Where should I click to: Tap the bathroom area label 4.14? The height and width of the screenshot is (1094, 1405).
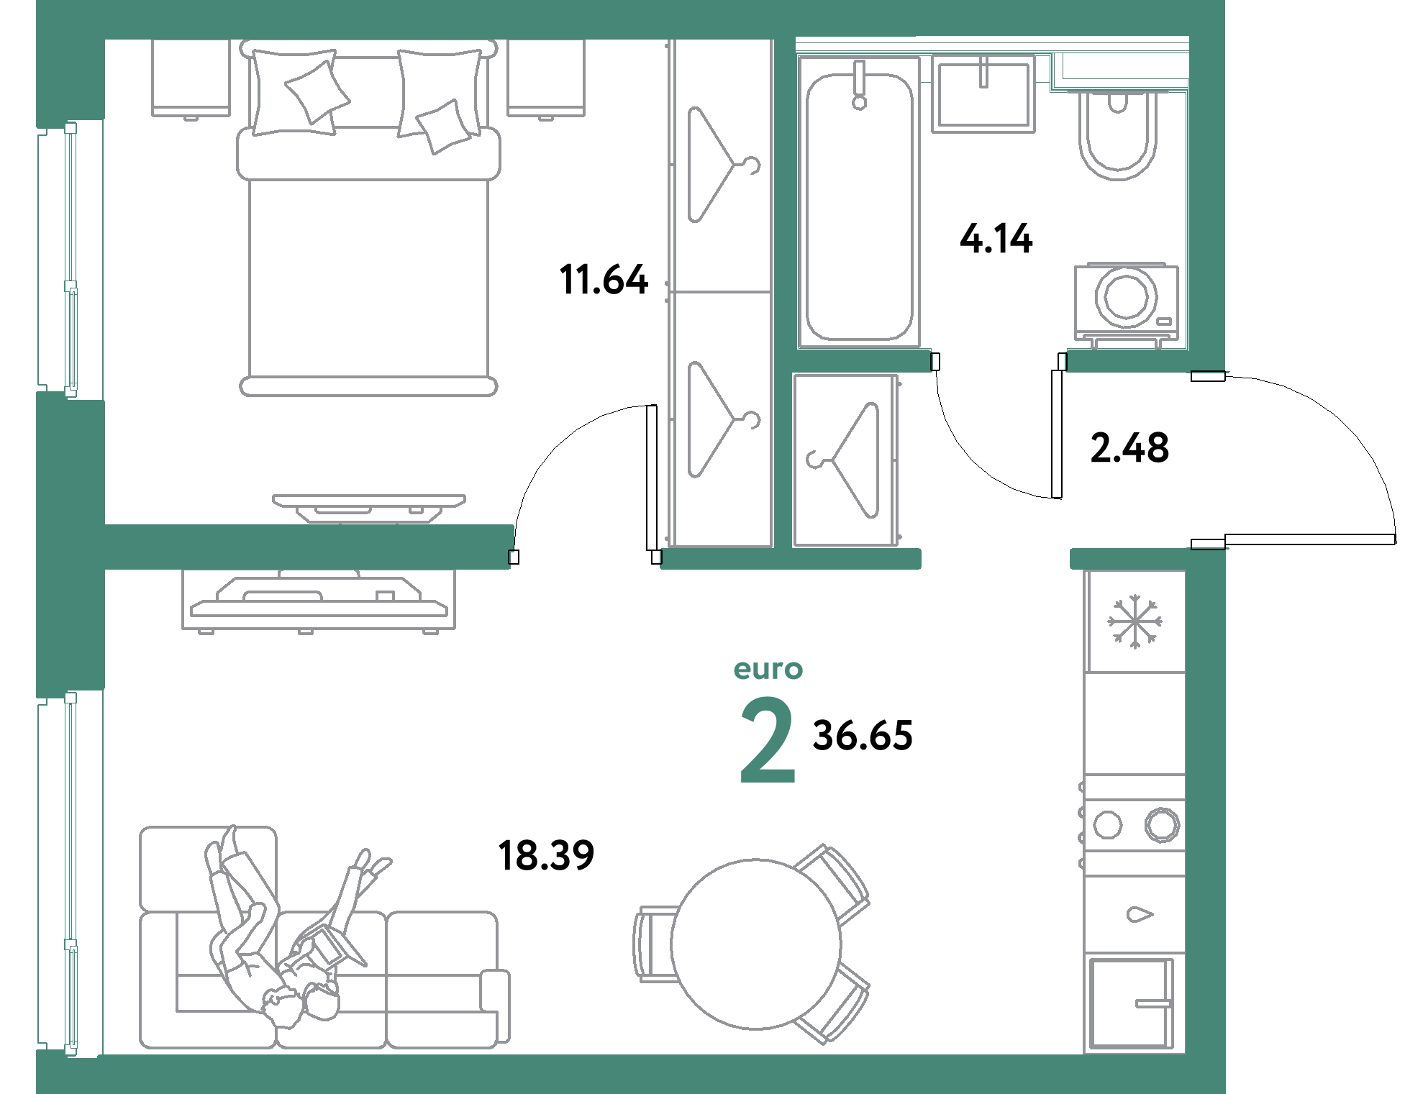coord(996,238)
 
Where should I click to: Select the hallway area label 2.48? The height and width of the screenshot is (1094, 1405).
coord(1129,447)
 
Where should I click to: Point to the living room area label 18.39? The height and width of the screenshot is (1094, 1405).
coord(546,855)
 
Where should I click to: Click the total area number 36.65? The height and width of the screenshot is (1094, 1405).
coord(863,736)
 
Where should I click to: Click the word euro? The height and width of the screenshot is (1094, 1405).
coord(768,670)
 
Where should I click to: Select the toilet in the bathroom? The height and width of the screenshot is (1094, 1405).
coord(1117,137)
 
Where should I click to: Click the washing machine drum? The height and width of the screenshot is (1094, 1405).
coord(1126,296)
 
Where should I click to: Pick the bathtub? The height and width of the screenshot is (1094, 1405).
coord(859,205)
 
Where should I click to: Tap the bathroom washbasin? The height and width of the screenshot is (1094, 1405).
coord(983,94)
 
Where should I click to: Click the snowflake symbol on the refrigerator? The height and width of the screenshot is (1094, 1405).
coord(1135,621)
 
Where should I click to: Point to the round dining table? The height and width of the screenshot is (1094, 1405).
coord(755,944)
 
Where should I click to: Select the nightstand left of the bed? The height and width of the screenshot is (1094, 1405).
coord(191,77)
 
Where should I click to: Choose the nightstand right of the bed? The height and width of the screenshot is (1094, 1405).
coord(546,77)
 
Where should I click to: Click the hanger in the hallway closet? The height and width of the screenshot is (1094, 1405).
coord(846,460)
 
